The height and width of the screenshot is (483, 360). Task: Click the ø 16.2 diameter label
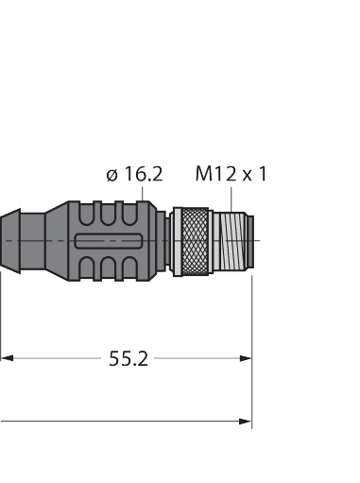coord(134,174)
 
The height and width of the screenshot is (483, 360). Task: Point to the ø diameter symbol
coord(111,175)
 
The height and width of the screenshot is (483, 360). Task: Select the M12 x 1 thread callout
coord(231,174)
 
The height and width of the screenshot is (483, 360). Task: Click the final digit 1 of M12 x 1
coord(261,174)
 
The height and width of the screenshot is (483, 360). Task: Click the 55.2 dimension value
coord(129,359)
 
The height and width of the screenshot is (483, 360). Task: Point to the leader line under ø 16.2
coord(143,193)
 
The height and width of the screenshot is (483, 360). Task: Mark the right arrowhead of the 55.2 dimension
coord(246,358)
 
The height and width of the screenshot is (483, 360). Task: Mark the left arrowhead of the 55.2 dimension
coord(7,358)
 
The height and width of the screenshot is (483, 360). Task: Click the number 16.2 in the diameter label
coord(142,174)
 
